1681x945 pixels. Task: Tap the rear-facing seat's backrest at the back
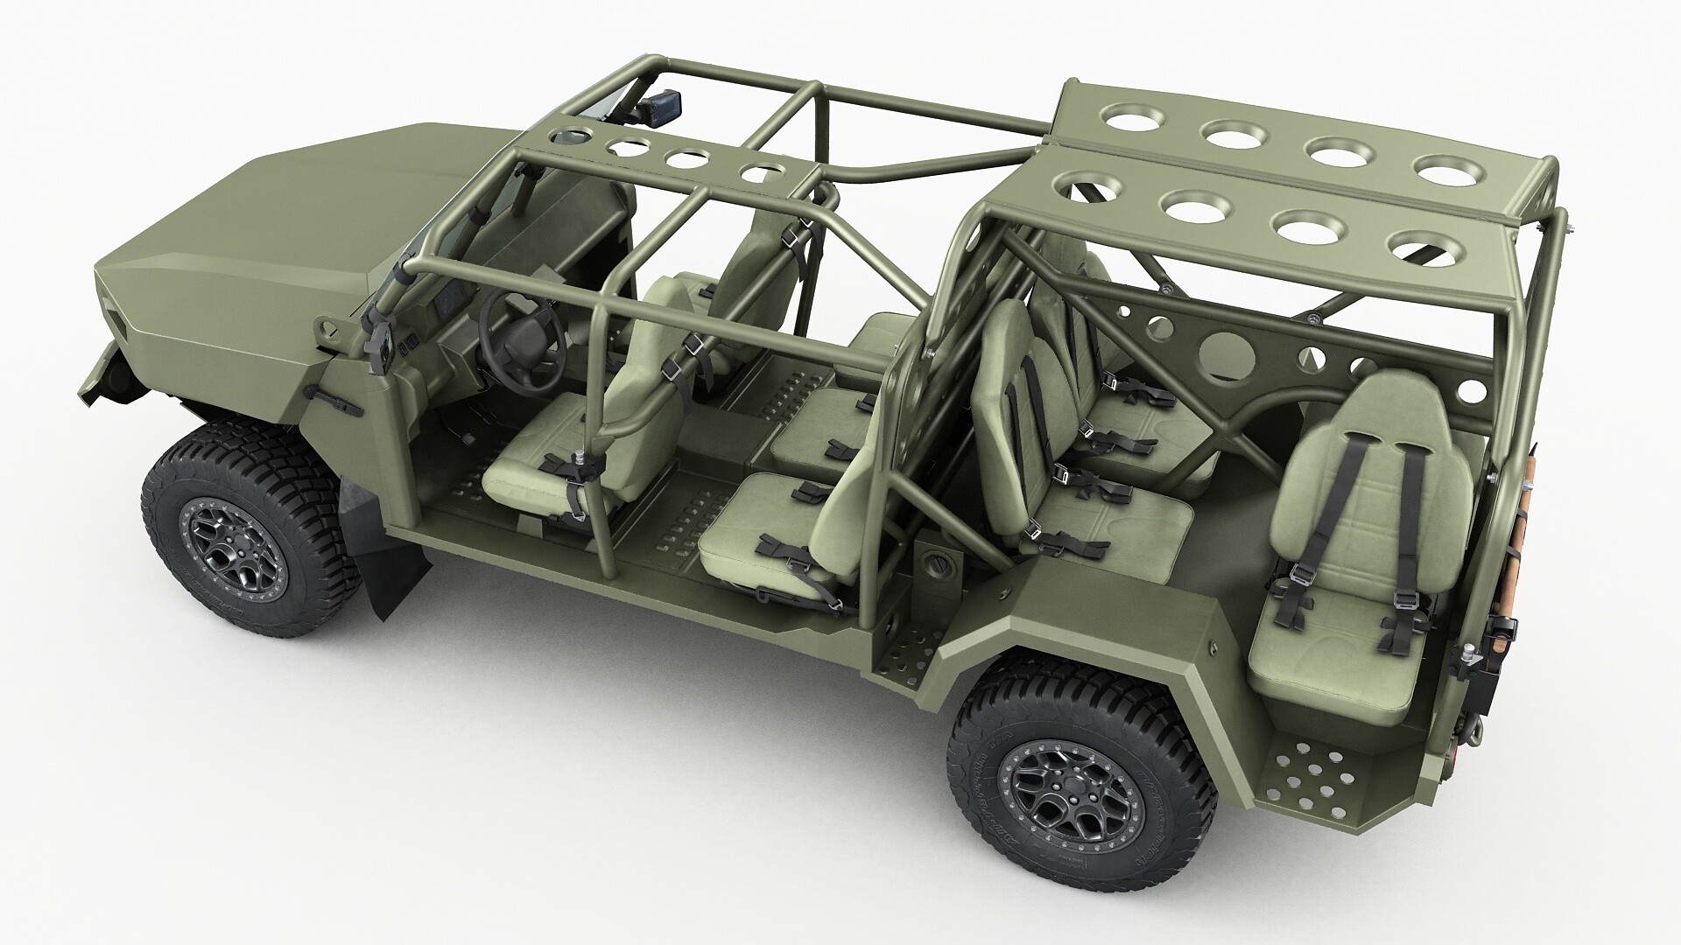[x=1370, y=472]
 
